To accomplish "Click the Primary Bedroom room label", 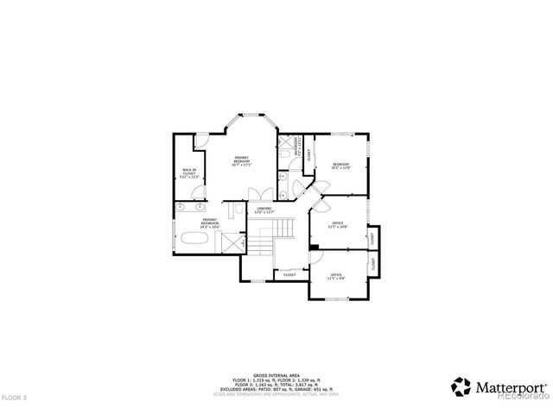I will coord(242,161).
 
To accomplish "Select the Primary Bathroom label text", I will coord(210,223).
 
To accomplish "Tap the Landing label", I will coord(264,210).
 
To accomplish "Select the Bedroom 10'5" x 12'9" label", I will coord(341,166).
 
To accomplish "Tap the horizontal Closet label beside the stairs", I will coord(289,275).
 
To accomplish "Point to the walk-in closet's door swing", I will coord(201,141).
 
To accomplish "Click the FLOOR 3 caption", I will coord(15,398).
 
